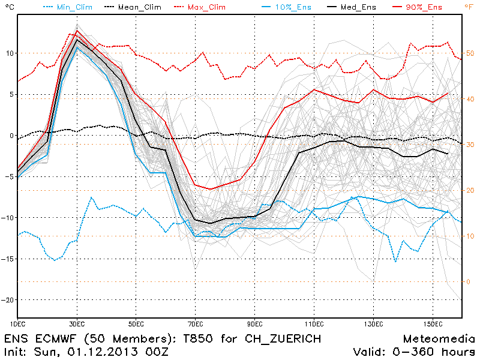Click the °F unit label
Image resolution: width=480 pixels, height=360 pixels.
[x=468, y=7]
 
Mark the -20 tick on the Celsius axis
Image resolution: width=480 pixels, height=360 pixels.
[x=7, y=300]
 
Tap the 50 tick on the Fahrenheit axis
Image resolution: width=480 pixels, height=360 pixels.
[x=470, y=53]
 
